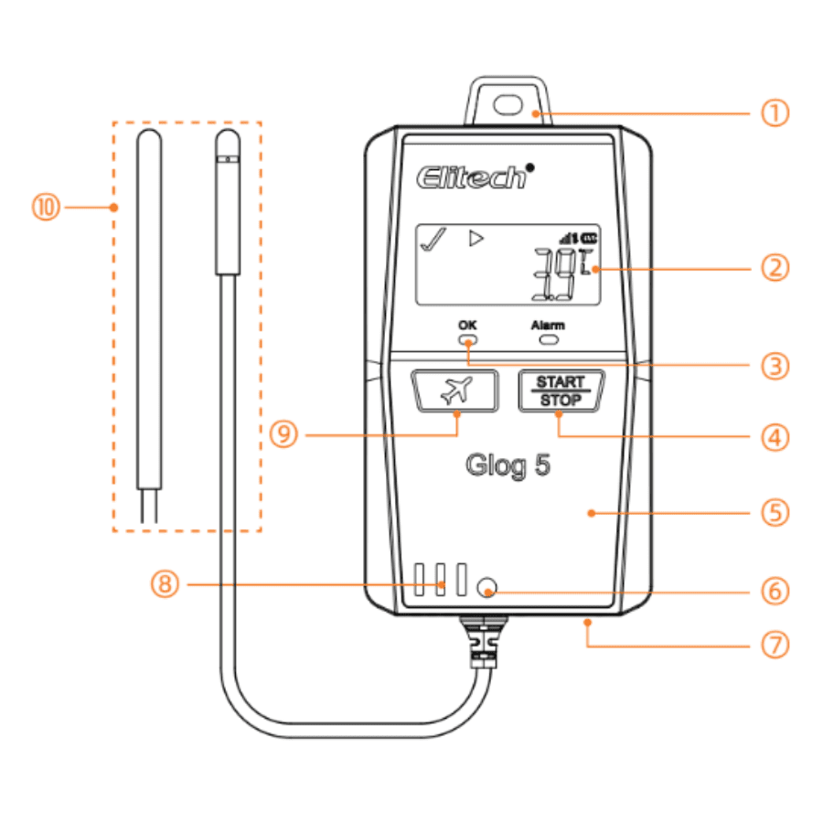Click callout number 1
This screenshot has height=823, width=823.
(x=775, y=114)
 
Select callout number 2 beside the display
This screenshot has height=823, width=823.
(x=775, y=269)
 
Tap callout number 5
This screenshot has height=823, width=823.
(x=775, y=513)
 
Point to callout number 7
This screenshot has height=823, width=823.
(x=775, y=646)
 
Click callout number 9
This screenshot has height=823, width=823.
(x=285, y=434)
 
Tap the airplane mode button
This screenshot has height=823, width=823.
(x=454, y=391)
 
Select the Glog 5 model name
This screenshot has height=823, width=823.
(x=508, y=466)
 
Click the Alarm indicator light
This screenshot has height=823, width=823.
(x=549, y=341)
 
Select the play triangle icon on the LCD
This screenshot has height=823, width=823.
(x=475, y=240)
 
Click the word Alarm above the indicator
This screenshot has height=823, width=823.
(x=549, y=325)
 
